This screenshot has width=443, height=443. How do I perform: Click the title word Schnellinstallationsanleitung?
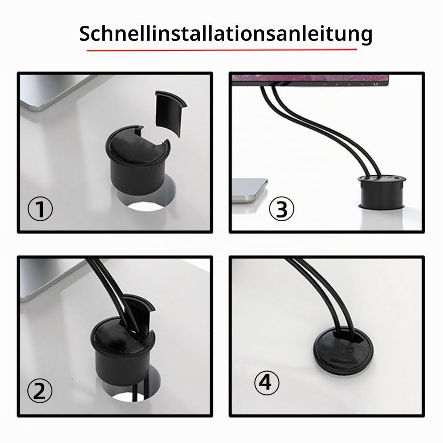point(226,33)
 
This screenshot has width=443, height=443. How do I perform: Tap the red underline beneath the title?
point(221,50)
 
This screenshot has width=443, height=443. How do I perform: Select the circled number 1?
point(40,209)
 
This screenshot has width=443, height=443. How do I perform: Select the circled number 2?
point(40,391)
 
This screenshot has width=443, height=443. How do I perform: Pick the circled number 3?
point(282,209)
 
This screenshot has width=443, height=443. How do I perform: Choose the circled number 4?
point(267,383)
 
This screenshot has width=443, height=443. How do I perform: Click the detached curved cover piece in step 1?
point(170,112)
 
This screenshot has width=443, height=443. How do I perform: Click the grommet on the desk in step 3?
point(382,192)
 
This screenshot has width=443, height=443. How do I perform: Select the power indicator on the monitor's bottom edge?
point(375,84)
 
